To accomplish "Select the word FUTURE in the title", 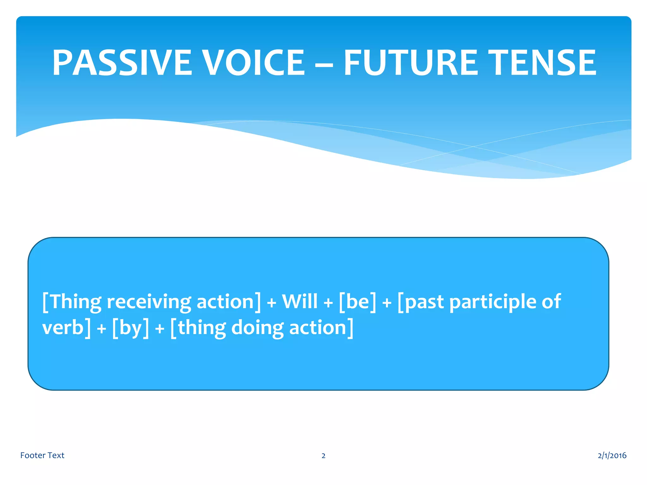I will [411, 63].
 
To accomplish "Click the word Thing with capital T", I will [76, 302].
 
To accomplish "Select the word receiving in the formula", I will [149, 302].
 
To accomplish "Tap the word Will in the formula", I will [299, 301].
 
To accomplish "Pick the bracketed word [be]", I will [358, 301].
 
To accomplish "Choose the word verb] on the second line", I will [66, 327].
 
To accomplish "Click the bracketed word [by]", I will [130, 328].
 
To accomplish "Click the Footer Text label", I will [42, 455].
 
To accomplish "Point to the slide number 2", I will [323, 456].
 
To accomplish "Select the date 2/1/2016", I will [612, 455].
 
